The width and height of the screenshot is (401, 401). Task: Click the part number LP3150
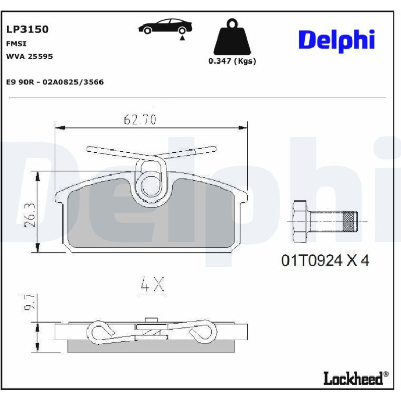pyautogui.click(x=28, y=29)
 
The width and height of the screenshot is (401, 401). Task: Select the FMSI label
pyautogui.click(x=16, y=44)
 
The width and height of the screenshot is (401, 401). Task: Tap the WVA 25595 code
pyautogui.click(x=29, y=56)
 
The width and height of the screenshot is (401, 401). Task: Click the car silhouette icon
pyautogui.click(x=165, y=26)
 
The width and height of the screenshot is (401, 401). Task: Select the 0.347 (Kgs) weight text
pyautogui.click(x=232, y=61)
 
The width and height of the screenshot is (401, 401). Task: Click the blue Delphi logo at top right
pyautogui.click(x=336, y=41)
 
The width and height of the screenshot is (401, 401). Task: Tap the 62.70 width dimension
pyautogui.click(x=140, y=119)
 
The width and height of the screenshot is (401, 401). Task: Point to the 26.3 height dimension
pyautogui.click(x=30, y=215)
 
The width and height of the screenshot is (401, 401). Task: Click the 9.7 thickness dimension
pyautogui.click(x=29, y=303)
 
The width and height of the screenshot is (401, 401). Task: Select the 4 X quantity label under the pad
pyautogui.click(x=152, y=284)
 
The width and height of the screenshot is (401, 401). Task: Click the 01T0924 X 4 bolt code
pyautogui.click(x=325, y=260)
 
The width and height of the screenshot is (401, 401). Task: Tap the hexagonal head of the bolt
pyautogui.click(x=300, y=221)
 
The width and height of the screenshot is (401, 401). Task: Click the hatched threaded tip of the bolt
pyautogui.click(x=350, y=221)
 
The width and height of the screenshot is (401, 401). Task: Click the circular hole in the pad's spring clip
pyautogui.click(x=151, y=185)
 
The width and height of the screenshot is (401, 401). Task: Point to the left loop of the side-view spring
pyautogui.click(x=101, y=332)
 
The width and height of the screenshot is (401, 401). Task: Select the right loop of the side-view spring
pyautogui.click(x=203, y=332)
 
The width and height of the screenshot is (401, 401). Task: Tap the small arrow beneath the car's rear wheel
pyautogui.click(x=182, y=38)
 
